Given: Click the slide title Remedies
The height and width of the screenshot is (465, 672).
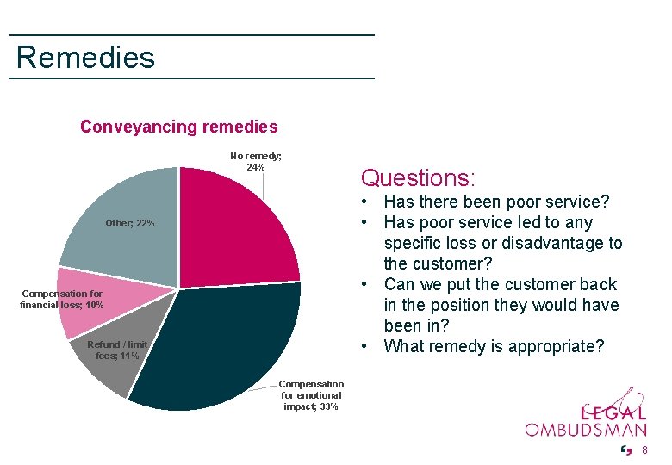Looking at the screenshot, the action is [x=85, y=58].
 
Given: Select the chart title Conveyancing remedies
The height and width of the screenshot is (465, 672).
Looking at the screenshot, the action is [x=178, y=127].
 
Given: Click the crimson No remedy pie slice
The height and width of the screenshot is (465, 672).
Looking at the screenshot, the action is [x=237, y=224].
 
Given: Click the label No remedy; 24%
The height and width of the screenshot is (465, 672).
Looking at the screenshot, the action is [x=255, y=161].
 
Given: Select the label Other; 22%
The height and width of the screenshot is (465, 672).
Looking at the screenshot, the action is [x=130, y=224].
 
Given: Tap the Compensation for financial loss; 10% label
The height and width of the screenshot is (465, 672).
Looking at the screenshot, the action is [x=62, y=300].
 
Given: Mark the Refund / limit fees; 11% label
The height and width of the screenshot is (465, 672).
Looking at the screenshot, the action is [x=116, y=350].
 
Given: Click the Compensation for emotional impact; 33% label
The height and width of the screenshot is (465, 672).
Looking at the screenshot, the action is [x=311, y=395].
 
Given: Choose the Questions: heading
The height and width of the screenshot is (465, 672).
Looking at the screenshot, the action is [x=418, y=178].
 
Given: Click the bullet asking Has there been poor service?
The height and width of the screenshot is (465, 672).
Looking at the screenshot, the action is [x=496, y=202].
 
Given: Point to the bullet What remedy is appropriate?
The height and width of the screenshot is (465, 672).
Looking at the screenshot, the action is [x=494, y=347].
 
